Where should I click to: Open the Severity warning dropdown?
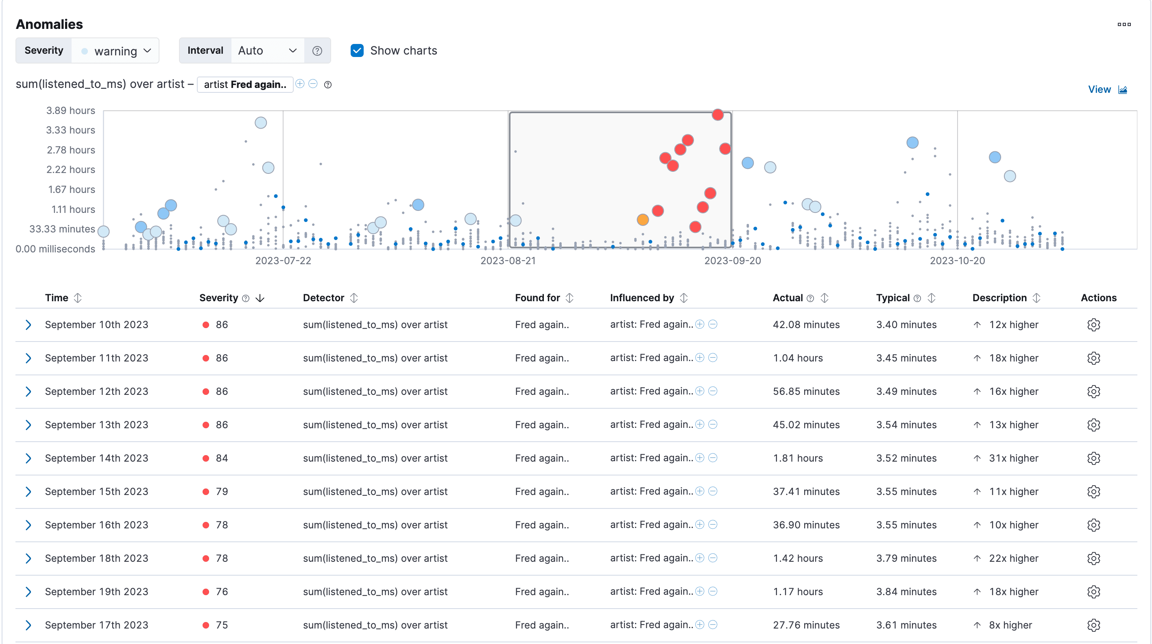click(116, 50)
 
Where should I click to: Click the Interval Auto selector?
click(267, 50)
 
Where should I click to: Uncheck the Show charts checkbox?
click(357, 50)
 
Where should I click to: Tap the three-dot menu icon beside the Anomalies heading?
click(1124, 24)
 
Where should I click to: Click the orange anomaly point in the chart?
click(643, 220)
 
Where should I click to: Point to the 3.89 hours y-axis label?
click(71, 111)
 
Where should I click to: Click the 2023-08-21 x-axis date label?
click(508, 261)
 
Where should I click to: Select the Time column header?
click(57, 298)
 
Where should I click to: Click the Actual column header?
click(788, 298)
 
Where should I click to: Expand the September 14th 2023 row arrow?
click(28, 458)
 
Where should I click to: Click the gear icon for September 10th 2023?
click(1093, 325)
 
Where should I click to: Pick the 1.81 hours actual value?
click(798, 458)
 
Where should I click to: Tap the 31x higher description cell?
click(1013, 458)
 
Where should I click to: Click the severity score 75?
click(222, 625)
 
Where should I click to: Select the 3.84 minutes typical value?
click(906, 591)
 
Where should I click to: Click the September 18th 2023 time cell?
click(96, 559)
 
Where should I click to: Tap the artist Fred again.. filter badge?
click(245, 85)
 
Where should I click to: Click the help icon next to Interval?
click(317, 50)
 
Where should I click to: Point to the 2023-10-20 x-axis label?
click(957, 261)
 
